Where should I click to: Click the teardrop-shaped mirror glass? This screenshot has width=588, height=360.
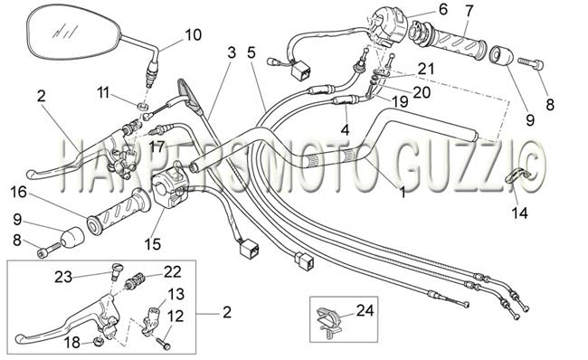coord(74,33)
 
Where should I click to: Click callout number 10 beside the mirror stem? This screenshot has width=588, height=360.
coord(193,35)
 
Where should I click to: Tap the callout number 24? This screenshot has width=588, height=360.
coord(365,310)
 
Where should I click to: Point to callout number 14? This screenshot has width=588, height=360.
coord(520,213)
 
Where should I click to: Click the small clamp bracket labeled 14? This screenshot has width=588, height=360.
coord(516,176)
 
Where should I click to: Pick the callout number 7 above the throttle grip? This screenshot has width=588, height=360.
coord(469,10)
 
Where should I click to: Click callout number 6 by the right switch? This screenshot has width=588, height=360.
coord(443,9)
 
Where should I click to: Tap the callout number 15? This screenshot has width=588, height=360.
coord(153,244)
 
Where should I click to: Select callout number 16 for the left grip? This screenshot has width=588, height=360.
coord(18,192)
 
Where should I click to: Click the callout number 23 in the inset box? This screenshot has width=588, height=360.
coord(63,278)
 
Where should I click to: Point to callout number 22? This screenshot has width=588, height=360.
coord(173,271)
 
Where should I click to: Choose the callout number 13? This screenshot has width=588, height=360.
coord(175,294)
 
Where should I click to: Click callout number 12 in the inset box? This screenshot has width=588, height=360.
coord(175,316)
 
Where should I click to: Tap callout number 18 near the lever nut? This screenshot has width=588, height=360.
coord(72,342)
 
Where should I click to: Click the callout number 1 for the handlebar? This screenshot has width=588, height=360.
coord(403,193)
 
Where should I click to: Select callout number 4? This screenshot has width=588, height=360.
coord(345,129)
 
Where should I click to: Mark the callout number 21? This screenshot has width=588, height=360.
coord(426,69)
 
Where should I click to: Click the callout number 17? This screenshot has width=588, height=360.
coord(156,147)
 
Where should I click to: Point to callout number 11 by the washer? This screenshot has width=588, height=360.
coord(103,92)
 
